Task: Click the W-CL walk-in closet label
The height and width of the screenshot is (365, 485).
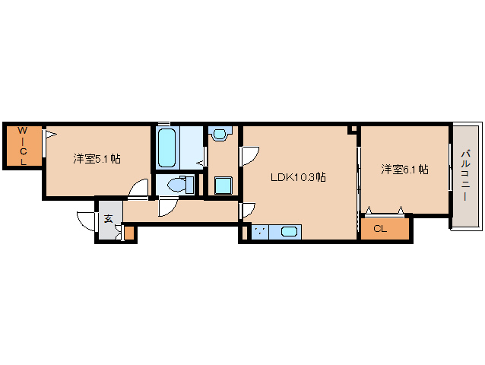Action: [23, 147]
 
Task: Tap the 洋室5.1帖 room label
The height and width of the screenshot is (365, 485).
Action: [97, 159]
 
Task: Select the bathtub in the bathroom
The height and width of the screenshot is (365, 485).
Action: [167, 148]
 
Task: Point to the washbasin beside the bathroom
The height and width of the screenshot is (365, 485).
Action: [220, 135]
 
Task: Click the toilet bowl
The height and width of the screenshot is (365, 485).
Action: [177, 185]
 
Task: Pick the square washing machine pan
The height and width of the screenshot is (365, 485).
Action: [223, 186]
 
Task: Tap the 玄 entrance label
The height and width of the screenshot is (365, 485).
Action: [109, 219]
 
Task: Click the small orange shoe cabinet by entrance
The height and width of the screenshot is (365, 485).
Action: [129, 233]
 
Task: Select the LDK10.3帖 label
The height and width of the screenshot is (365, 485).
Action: [299, 177]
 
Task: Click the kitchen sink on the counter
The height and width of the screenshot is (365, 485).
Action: [290, 233]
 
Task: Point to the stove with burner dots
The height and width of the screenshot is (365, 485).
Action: [261, 233]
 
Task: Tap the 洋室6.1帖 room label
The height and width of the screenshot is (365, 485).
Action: [404, 170]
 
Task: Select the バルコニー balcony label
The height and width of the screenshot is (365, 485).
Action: [465, 175]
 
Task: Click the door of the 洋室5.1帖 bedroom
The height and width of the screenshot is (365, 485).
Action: [138, 189]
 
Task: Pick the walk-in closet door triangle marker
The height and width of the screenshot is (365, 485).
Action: [50, 135]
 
